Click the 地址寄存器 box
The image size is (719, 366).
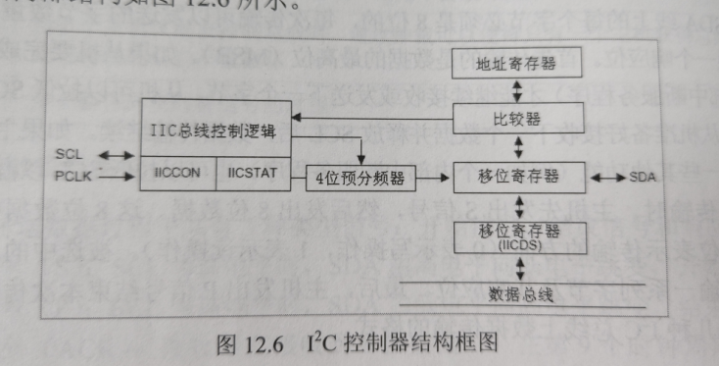(516, 64)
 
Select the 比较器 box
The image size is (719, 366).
(516, 120)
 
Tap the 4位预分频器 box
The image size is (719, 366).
(360, 179)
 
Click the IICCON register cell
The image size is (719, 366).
(177, 172)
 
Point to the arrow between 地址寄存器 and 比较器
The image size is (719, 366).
(517, 91)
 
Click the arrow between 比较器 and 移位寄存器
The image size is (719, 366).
(517, 149)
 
